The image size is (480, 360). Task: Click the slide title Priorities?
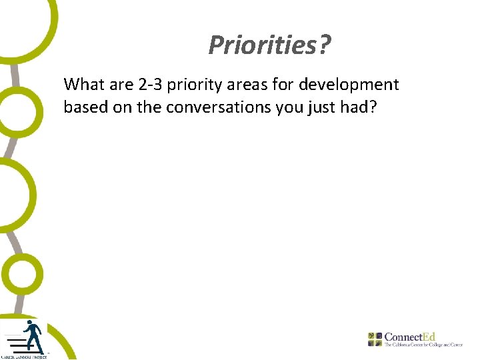[x=269, y=45]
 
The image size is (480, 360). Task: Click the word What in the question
[x=81, y=85]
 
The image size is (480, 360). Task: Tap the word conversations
[x=215, y=107]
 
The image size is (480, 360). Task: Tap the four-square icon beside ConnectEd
[x=375, y=338]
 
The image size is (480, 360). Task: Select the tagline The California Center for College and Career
[x=423, y=345]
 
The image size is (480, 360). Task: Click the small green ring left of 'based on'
[x=19, y=111]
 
